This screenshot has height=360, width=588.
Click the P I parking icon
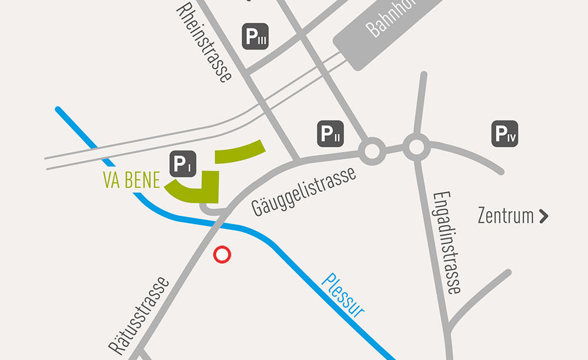182,164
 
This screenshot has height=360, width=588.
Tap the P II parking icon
330,134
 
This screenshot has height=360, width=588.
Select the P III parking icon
256,36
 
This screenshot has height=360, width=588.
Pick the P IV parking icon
505,134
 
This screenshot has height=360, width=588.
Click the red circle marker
222,255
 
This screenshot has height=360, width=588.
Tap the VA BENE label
132,181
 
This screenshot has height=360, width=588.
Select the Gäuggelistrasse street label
303,191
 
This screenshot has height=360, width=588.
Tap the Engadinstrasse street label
446,242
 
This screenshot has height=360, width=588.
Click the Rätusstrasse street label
139,315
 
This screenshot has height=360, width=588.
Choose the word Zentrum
506,215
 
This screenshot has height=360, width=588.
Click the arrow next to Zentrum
543,216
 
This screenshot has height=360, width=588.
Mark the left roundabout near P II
372,151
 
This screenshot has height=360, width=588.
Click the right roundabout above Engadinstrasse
416,147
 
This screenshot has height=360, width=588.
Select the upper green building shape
239,151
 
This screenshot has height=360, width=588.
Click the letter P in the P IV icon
502,133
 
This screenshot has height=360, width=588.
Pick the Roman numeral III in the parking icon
262,40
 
